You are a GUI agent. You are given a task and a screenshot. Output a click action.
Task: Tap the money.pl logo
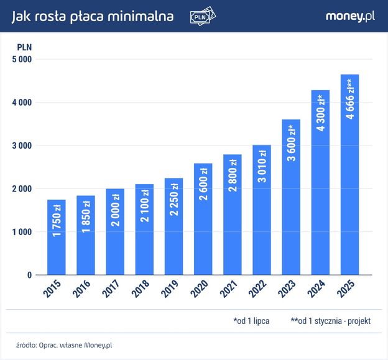350,16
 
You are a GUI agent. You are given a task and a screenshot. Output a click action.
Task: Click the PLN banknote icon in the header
203,17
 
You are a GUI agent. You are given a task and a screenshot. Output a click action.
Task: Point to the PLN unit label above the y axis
24,46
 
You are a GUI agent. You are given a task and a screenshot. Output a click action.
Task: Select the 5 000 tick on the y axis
22,59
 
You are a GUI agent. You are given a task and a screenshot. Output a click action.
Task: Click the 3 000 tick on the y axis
22,145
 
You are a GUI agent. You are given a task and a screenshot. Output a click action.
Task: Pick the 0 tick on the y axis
29,275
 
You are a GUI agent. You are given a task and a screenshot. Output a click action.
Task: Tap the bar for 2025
349,175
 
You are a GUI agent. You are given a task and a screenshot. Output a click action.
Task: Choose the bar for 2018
144,229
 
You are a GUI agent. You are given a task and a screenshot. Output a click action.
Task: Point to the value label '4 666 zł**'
350,99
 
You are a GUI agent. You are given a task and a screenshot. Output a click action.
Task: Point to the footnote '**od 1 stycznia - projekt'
330,321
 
